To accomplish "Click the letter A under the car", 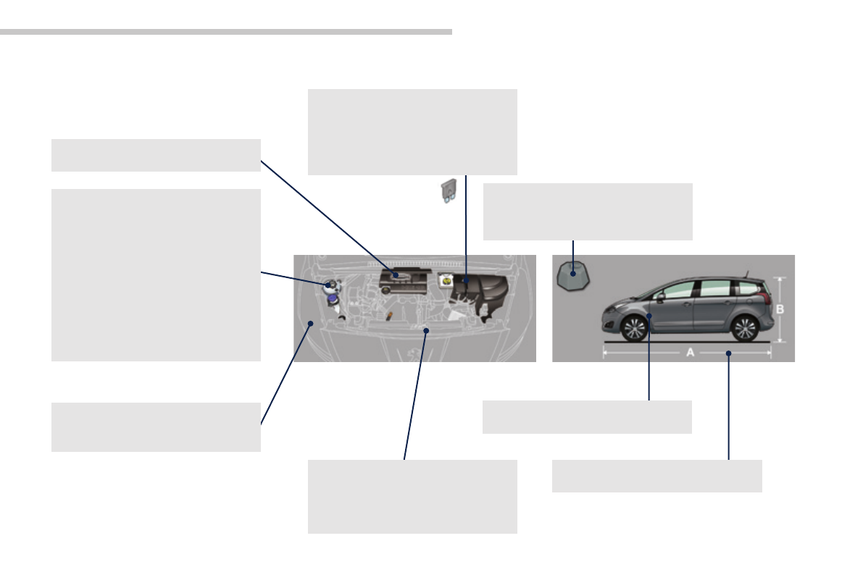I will [x=690, y=351].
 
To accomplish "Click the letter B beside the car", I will [x=780, y=309].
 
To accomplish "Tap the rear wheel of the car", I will [x=744, y=328].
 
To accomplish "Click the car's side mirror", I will [x=661, y=297].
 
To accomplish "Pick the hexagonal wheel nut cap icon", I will [x=572, y=277].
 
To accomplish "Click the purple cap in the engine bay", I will [x=332, y=297].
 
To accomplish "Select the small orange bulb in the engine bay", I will [x=389, y=316].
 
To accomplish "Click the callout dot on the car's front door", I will [x=650, y=316].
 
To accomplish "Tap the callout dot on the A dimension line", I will [x=729, y=353].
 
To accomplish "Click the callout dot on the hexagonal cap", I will [x=572, y=274].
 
